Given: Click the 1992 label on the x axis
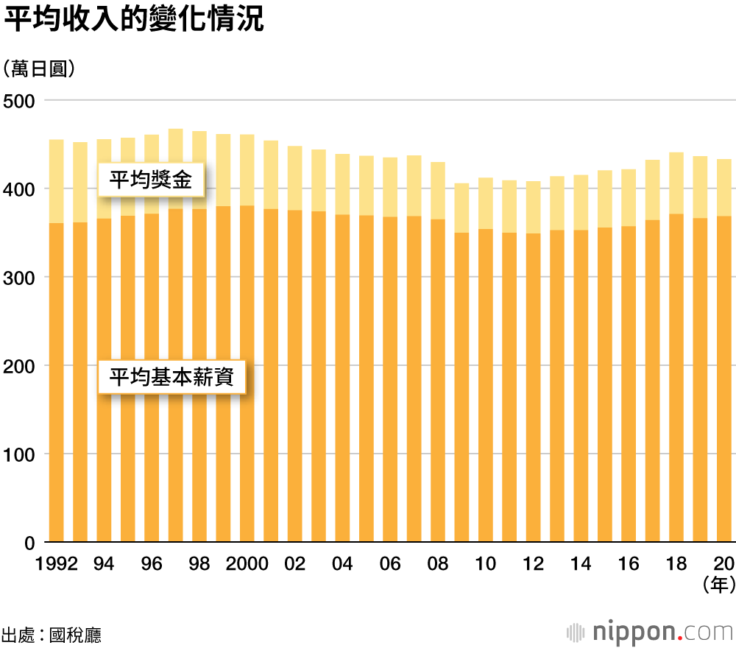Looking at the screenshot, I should pos(57,564).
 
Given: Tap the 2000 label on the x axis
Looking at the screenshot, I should pos(247,564).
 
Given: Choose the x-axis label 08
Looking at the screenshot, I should pos(437,564).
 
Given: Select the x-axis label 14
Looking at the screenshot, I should pos(580,564).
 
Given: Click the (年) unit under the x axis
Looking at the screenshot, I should pos(718,585).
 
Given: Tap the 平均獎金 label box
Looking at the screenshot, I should pos(151,180).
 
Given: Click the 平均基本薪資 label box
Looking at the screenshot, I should pos(171,377).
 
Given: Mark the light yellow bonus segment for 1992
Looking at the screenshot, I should pos(56,181).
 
